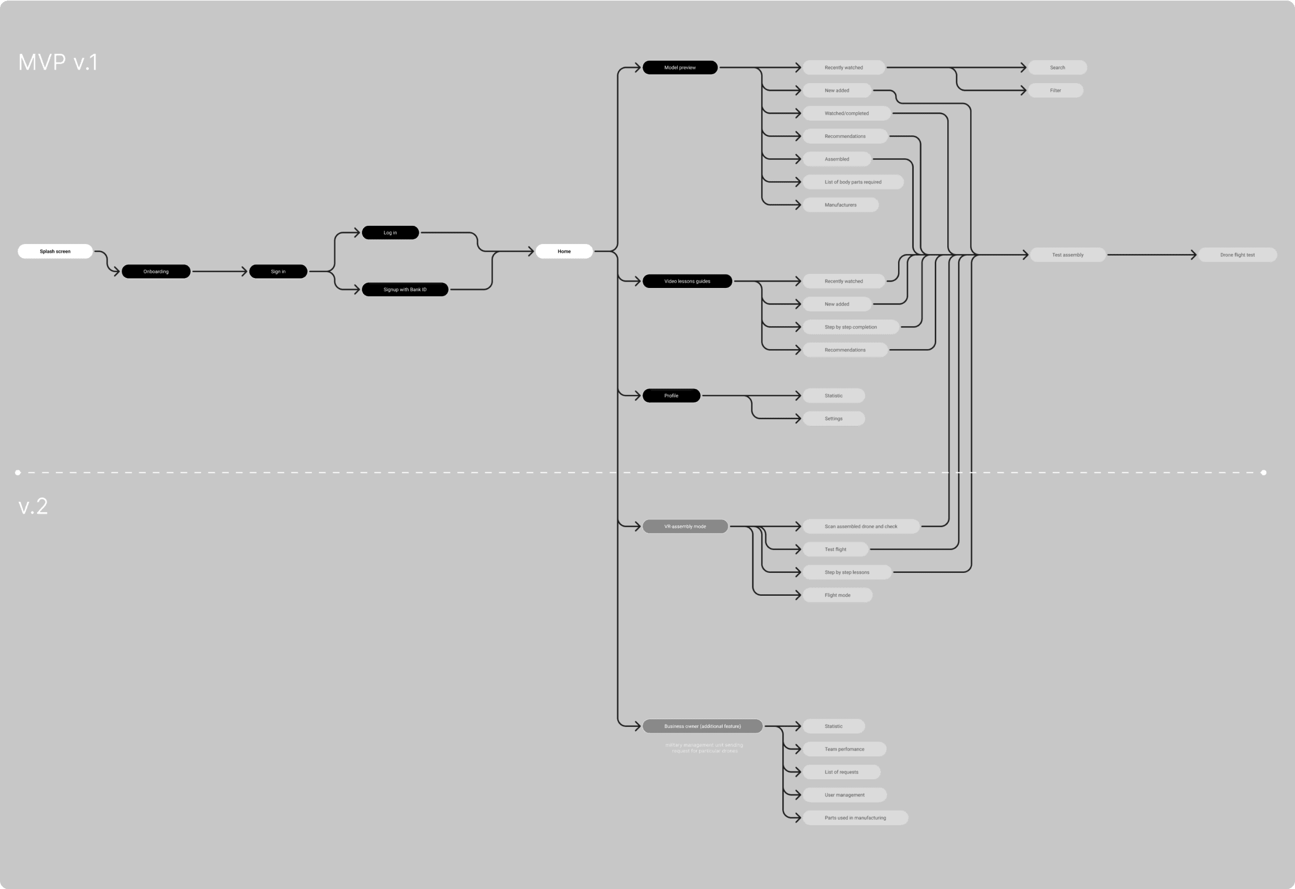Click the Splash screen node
(55, 251)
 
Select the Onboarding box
(156, 272)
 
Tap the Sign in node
(278, 272)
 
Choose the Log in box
(390, 233)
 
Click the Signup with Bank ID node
(405, 290)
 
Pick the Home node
(564, 251)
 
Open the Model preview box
(680, 67)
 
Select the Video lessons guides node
(687, 281)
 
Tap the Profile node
(672, 396)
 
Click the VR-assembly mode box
(685, 526)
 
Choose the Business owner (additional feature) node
(703, 726)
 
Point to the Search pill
(1057, 67)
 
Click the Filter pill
(1055, 90)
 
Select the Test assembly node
(1068, 255)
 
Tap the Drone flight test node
(1238, 255)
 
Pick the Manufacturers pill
(840, 205)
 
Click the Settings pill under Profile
(833, 418)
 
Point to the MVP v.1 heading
(58, 62)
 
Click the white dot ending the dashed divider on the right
(1264, 472)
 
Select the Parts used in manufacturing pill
(855, 817)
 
